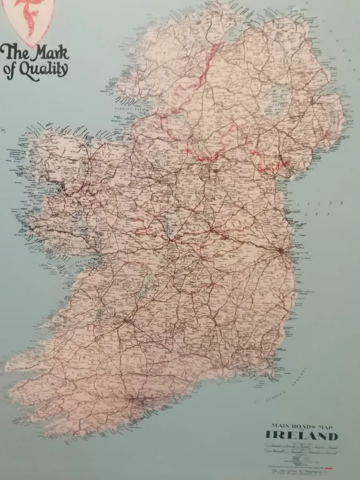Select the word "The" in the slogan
15,52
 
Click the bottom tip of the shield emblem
30,45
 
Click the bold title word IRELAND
302,436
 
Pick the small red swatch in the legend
330,467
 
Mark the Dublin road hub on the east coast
282,251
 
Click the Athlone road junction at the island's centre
170,240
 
